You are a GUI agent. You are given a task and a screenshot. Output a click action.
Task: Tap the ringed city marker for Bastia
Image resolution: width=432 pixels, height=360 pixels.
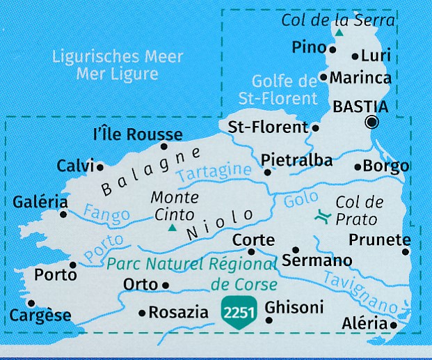tap(372, 123)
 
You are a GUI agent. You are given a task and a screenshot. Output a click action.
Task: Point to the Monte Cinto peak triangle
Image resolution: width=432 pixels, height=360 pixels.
tap(172, 227)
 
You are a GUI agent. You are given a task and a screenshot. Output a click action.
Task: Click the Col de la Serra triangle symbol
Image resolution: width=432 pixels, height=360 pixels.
tap(339, 33)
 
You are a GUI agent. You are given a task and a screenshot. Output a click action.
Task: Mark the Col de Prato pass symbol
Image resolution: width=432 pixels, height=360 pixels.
tap(321, 217)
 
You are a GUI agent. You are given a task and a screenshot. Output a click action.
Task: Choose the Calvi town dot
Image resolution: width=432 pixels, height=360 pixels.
tap(100, 167)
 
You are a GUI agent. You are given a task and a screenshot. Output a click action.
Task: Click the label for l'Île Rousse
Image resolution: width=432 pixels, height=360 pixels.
tap(137, 134)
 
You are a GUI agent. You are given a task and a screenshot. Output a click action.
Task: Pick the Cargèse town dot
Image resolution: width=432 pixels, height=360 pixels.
tap(31, 303)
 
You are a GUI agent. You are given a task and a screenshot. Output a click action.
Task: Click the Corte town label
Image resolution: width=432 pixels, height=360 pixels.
tap(253, 239)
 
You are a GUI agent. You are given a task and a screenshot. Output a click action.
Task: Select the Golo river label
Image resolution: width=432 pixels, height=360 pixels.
tap(301, 201)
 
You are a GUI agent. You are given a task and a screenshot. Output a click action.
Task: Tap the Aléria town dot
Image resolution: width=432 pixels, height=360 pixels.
tap(394, 324)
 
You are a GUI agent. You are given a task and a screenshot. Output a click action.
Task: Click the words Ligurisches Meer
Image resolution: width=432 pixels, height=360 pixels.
tap(118, 57)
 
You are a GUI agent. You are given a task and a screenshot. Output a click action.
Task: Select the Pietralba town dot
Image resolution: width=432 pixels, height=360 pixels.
tap(267, 172)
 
